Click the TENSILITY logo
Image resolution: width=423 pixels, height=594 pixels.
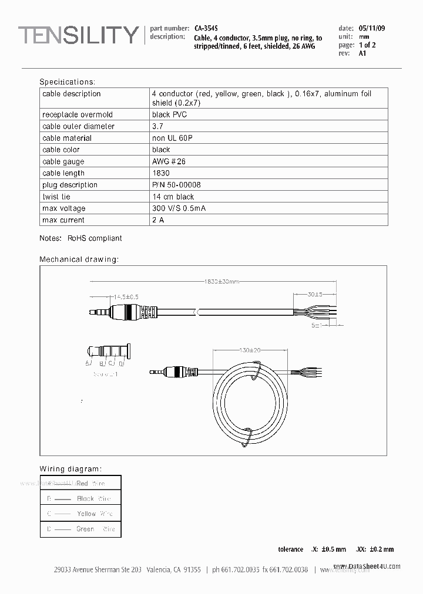click(78, 35)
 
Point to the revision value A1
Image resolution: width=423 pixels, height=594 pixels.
click(362, 53)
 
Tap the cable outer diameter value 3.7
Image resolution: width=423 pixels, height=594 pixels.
click(157, 126)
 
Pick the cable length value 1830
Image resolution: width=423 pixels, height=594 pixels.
click(160, 173)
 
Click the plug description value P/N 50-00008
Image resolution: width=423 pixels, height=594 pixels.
click(176, 185)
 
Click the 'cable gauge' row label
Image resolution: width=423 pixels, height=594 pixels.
click(63, 161)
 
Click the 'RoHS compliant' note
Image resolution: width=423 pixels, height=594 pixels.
click(95, 238)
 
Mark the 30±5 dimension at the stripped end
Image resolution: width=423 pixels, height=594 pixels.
click(314, 295)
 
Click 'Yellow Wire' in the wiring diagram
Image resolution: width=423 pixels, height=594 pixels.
click(94, 514)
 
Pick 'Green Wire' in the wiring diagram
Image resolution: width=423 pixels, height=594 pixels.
click(95, 529)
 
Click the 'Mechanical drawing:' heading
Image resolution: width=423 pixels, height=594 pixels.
click(79, 259)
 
